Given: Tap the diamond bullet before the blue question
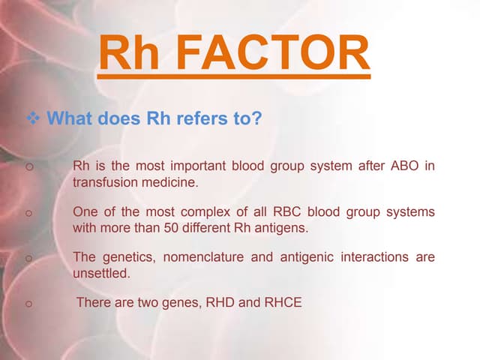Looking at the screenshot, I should tap(33, 118).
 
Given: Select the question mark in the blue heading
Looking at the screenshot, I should tap(257, 118).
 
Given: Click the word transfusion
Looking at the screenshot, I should tap(105, 182).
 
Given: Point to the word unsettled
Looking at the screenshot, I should tap(101, 274).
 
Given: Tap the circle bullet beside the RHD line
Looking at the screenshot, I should tap(28, 303).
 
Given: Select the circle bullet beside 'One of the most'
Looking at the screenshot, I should tap(28, 213).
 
